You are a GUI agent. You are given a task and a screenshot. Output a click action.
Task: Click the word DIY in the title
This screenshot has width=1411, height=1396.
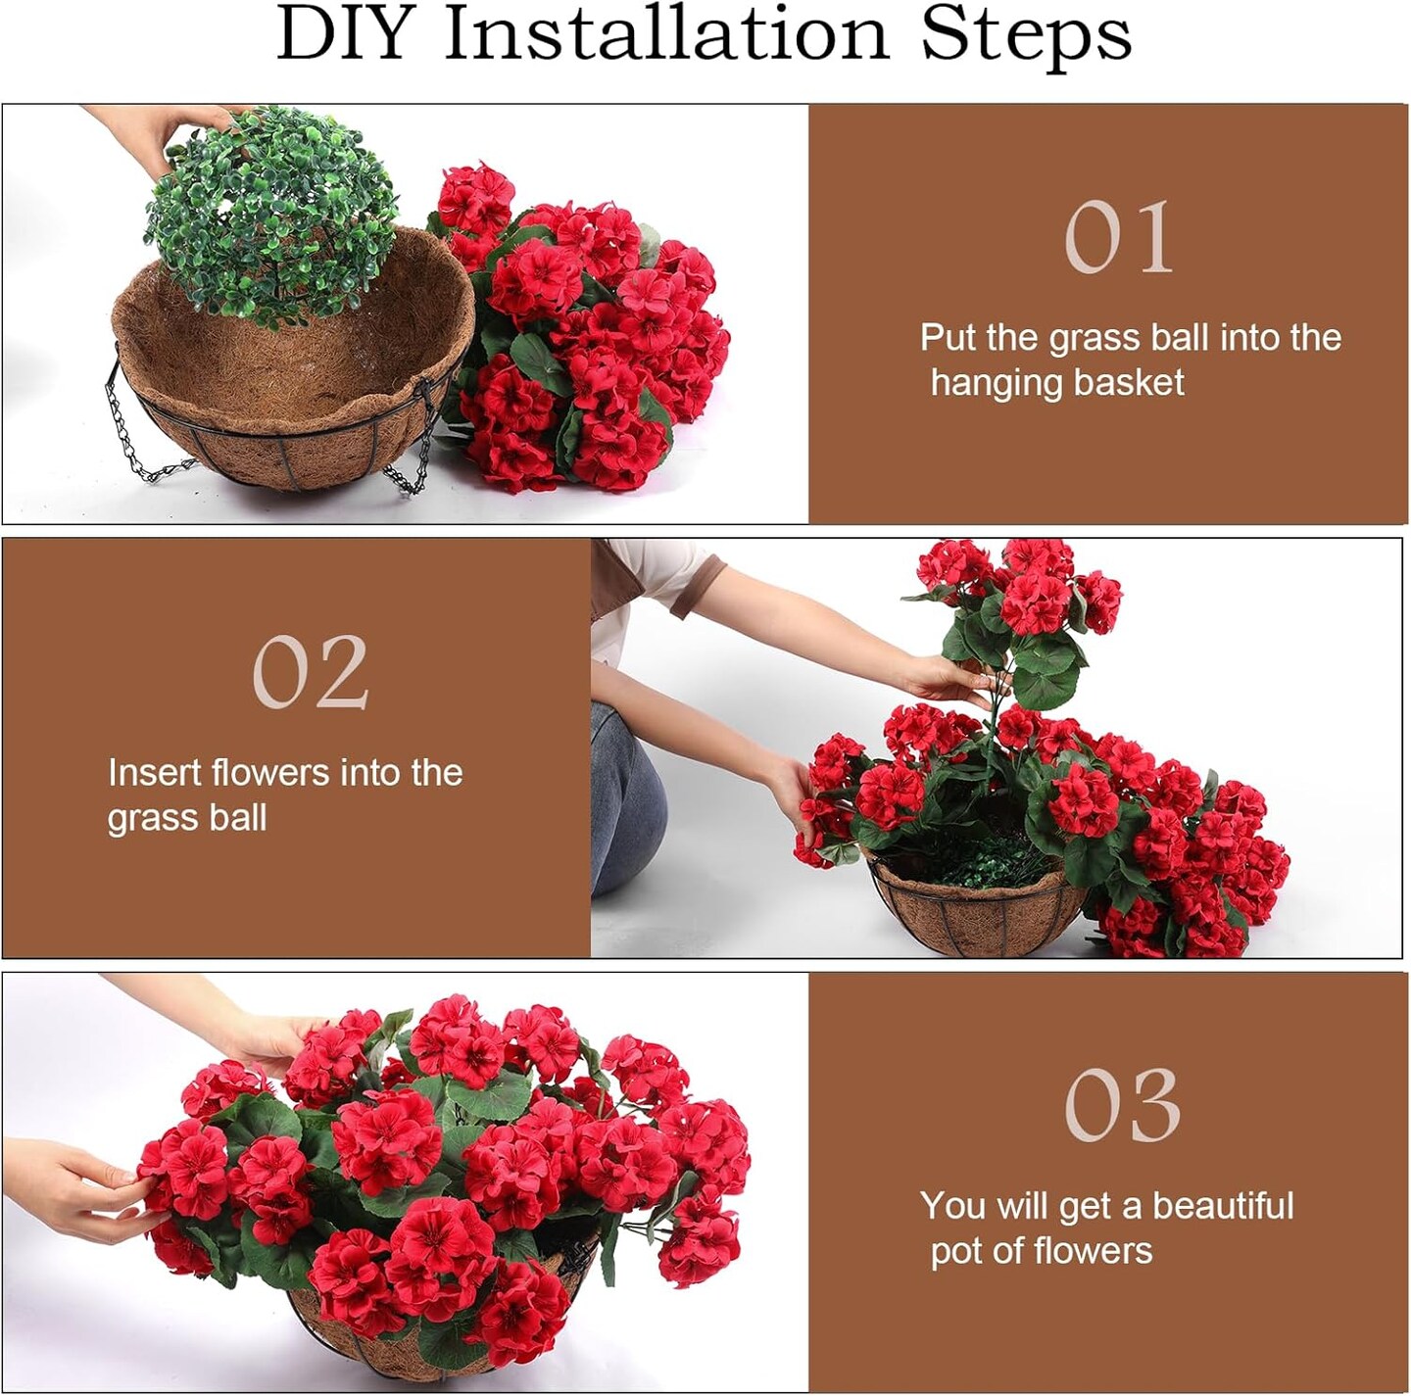click(x=342, y=35)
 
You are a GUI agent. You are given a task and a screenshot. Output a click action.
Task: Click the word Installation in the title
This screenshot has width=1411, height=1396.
click(x=665, y=35)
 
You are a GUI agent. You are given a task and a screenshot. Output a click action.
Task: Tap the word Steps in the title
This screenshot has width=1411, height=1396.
click(x=1025, y=35)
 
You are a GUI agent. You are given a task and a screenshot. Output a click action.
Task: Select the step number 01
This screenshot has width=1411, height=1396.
click(x=1118, y=237)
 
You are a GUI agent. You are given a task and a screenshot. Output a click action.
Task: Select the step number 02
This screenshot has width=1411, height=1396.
click(x=310, y=672)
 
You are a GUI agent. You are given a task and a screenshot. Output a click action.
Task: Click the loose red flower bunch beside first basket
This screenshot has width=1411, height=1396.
click(x=588, y=333)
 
